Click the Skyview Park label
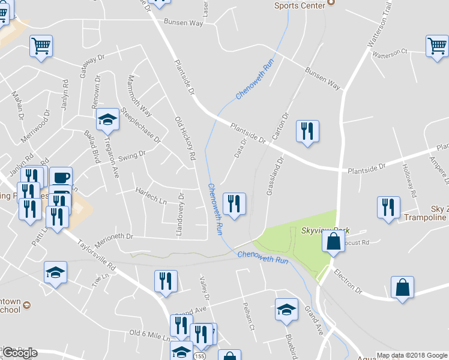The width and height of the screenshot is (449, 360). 325,230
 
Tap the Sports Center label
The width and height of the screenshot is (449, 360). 300,5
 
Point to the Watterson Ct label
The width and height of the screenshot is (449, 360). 390,53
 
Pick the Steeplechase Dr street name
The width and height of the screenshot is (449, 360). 141,125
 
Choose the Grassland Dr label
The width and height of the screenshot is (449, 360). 273,176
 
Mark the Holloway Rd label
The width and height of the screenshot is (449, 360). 409,181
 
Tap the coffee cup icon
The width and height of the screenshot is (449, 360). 61,178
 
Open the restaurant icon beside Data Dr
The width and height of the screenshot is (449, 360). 234,203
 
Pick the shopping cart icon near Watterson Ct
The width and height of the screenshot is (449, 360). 437,46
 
